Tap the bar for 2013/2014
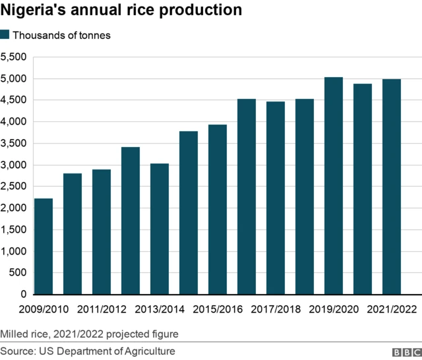pyautogui.click(x=160, y=228)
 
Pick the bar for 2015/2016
pyautogui.click(x=218, y=209)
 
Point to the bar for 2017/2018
pyautogui.click(x=276, y=198)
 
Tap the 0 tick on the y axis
pyautogui.click(x=22, y=294)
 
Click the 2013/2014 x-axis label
pyautogui.click(x=159, y=309)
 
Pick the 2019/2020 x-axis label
pyautogui.click(x=333, y=309)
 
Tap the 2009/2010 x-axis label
pyautogui.click(x=44, y=309)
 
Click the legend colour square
pyautogui.click(x=5, y=35)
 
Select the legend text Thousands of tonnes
pyautogui.click(x=62, y=36)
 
